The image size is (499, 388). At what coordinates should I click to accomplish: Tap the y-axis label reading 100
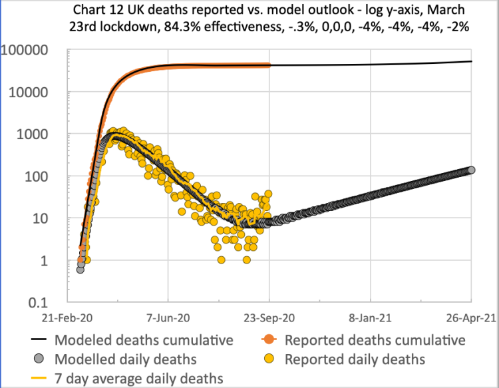(45, 177)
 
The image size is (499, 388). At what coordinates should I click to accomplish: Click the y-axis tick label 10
(49, 219)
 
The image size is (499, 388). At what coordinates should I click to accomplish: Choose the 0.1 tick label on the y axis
(47, 303)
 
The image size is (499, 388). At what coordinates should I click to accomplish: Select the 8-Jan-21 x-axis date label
(371, 318)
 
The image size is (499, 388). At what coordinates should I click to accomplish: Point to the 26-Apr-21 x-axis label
(470, 318)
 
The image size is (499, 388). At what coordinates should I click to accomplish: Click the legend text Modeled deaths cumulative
(144, 340)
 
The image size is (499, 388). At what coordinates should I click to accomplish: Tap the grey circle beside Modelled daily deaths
(39, 359)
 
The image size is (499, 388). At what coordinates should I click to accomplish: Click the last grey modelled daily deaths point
(471, 170)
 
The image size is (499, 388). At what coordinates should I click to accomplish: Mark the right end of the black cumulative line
(472, 62)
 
